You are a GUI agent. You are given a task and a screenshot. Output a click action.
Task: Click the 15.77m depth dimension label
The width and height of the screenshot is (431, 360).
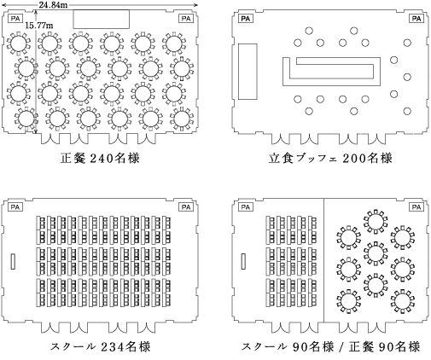(38, 26)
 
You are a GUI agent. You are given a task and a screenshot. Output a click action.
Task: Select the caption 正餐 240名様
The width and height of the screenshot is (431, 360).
(100, 159)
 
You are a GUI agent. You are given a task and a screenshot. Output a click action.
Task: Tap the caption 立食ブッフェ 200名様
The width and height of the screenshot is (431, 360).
(330, 159)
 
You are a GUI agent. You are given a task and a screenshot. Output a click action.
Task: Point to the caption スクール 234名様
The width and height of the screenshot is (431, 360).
(100, 346)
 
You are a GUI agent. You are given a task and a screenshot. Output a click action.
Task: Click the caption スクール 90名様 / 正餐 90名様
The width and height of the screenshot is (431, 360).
(330, 346)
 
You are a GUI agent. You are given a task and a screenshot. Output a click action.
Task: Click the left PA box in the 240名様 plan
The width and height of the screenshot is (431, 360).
(15, 19)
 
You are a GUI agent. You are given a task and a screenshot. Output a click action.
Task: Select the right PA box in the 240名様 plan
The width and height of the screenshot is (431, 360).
(186, 19)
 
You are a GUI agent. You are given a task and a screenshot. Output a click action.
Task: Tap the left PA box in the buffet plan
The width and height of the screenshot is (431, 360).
(246, 19)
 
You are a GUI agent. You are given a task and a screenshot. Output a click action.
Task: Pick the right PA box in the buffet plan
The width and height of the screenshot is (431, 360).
(416, 19)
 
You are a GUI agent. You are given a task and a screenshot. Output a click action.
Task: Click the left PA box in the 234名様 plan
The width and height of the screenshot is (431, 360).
(15, 207)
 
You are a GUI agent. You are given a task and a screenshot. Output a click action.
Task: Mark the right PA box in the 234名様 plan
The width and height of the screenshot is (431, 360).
(186, 207)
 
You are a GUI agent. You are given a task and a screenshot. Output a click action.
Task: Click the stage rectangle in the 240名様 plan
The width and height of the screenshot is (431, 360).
(102, 19)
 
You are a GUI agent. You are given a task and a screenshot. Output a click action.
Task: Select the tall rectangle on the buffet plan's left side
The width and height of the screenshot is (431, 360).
(248, 72)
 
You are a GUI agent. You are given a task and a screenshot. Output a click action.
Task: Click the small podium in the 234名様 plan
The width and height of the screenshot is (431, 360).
(13, 262)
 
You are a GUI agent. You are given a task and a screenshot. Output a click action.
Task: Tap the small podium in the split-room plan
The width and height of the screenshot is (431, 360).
(243, 262)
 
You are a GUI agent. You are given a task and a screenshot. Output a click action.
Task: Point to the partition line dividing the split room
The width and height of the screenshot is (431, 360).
(324, 261)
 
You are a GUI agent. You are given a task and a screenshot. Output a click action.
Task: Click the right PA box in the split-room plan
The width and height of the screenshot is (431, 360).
(416, 207)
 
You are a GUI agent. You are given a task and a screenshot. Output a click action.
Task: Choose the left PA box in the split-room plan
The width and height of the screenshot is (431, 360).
(246, 207)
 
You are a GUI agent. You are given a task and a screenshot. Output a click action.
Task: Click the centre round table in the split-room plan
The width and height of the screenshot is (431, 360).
(376, 253)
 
